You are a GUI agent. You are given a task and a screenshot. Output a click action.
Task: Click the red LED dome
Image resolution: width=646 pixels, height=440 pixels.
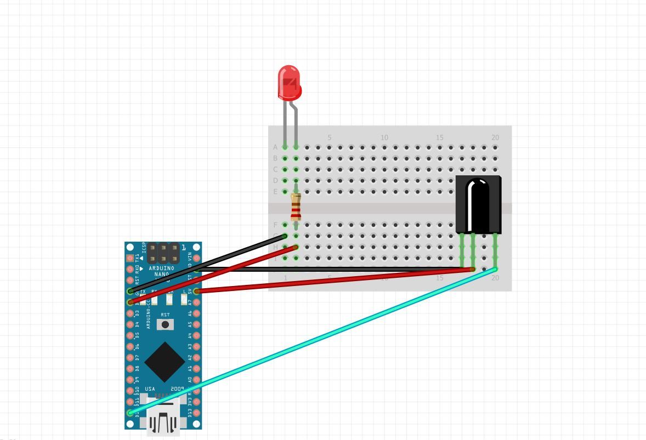[289, 82]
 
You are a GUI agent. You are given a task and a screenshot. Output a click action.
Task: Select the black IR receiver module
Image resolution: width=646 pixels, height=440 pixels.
[478, 204]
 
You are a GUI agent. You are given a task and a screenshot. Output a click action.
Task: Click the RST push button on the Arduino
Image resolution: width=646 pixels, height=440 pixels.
[165, 324]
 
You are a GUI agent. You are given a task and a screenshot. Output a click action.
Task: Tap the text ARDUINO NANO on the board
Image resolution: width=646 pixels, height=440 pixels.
[161, 271]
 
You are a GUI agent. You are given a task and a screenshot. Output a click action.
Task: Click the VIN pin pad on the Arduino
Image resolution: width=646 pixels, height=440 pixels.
[196, 258]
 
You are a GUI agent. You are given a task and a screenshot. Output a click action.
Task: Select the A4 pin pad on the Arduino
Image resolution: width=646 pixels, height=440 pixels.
[196, 335]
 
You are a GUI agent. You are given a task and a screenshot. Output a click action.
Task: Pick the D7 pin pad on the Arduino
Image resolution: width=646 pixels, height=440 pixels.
[131, 357]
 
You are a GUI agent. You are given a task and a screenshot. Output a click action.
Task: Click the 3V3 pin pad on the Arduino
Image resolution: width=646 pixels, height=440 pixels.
[196, 402]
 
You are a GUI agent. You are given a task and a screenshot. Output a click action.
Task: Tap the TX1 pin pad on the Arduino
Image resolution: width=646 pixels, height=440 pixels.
[131, 258]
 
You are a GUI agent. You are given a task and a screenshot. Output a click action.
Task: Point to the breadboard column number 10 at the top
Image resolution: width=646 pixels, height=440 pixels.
[384, 138]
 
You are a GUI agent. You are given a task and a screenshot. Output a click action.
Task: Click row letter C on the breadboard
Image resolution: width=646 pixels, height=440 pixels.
[275, 169]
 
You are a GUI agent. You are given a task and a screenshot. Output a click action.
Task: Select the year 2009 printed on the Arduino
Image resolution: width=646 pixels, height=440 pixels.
[177, 388]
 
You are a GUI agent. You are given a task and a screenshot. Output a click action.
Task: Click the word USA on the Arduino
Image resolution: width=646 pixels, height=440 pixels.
[150, 388]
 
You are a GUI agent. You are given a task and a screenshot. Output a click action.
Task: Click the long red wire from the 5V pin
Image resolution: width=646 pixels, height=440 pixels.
[329, 280]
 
